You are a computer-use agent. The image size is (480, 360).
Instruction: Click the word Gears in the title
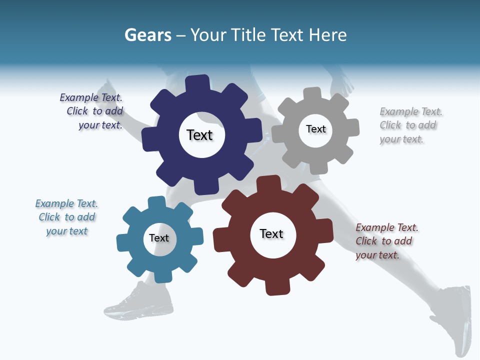coord(147,35)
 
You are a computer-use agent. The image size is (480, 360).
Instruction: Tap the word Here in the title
coord(327,35)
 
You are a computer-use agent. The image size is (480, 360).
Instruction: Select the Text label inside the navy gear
coord(199,135)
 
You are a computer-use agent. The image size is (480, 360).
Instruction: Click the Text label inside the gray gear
coord(315,129)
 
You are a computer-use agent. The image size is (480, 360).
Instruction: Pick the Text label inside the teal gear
coord(158,238)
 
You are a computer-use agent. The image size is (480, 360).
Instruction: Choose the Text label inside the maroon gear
coord(271,233)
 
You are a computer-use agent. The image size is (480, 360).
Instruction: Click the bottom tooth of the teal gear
coord(161,276)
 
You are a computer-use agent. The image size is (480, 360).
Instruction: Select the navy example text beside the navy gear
coord(93,111)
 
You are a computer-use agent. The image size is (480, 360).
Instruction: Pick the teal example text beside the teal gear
coord(66,217)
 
